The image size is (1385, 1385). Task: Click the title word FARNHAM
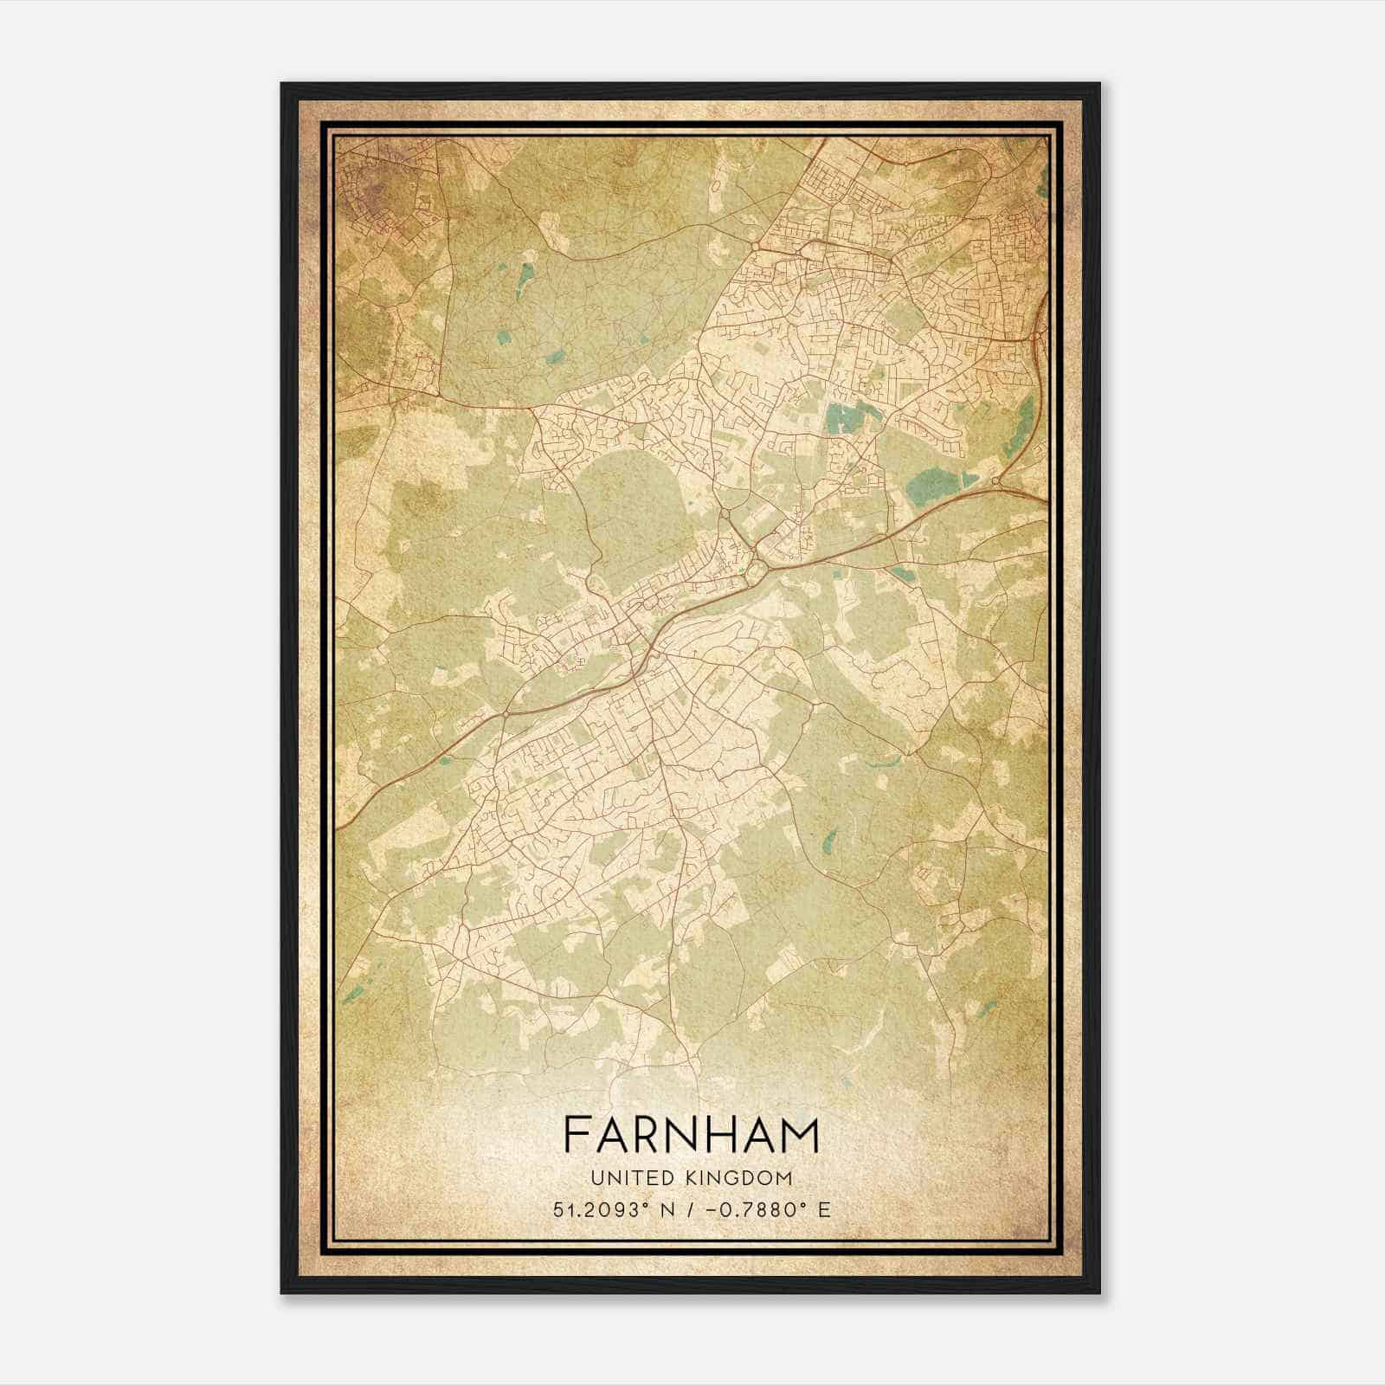[691, 1136]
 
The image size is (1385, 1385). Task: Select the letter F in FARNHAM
[576, 1136]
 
